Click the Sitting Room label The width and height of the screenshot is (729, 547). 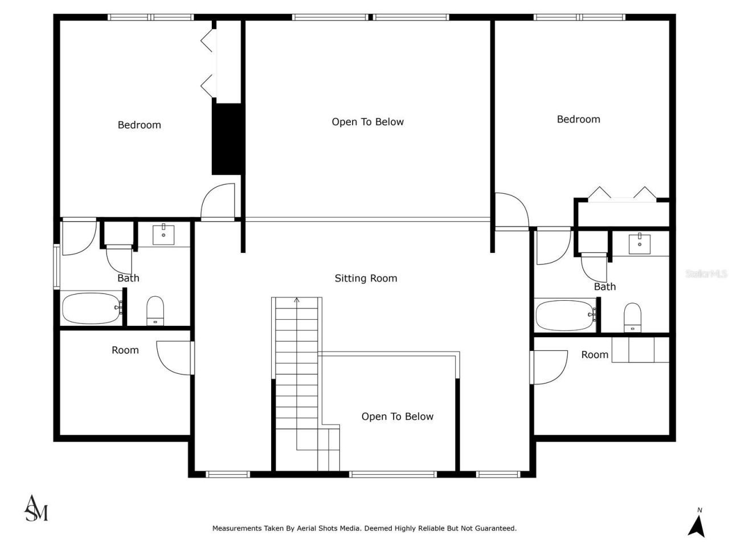366,278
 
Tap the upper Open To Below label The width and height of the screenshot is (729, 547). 367,121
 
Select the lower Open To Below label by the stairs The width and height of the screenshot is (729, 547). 397,417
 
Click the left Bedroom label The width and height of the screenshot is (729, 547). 139,125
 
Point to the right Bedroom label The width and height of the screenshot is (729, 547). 578,119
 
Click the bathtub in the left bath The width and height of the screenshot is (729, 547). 91,308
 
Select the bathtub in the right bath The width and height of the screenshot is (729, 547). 566,315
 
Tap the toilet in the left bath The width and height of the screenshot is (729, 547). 155,311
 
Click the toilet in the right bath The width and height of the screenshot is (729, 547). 632,317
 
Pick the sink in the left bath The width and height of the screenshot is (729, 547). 163,234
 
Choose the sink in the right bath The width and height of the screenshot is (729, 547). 640,243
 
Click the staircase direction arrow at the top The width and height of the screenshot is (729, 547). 296,300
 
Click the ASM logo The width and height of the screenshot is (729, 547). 36,508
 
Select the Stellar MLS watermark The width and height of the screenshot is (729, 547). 706,274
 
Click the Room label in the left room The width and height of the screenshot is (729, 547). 125,350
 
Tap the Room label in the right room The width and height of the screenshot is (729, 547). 595,354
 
